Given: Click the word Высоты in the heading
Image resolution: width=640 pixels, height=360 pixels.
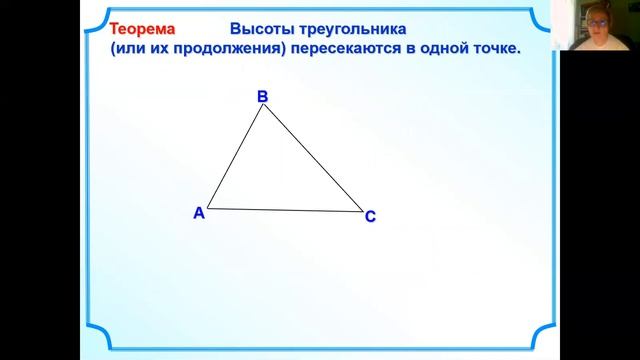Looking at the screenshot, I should tap(261, 30).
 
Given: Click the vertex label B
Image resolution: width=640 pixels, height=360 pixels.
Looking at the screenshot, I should tap(262, 96).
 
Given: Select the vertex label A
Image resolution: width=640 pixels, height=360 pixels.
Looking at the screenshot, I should tap(198, 212).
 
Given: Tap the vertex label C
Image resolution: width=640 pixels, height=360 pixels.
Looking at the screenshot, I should tap(370, 216).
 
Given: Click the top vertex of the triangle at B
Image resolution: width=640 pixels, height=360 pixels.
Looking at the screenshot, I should tap(263, 105).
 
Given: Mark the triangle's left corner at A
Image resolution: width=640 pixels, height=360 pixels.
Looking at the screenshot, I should tap(207, 208).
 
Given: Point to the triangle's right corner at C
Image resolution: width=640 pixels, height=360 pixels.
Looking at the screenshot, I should tap(363, 211).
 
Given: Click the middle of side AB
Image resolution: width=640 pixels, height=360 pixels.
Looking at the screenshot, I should tap(235, 157).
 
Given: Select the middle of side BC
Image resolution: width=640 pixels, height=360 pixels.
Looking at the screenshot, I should tap(313, 158).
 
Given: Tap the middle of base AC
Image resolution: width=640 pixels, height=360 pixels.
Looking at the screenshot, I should tap(285, 210).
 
